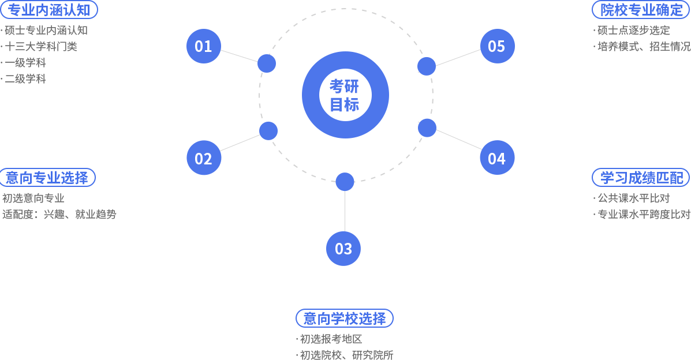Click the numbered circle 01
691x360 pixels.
204,46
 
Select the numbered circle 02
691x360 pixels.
204,158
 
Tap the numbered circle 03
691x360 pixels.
343,249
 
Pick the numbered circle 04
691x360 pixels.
497,157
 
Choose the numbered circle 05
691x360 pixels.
497,46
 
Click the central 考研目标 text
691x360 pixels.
345,95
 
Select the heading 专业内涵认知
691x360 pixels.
49,10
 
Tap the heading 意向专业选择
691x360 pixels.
47,178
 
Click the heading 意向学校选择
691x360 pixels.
345,318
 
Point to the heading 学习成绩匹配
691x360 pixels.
641,178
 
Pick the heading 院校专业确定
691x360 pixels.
641,10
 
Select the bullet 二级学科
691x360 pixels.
25,79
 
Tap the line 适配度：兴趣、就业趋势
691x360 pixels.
59,215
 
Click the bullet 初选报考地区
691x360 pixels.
331,339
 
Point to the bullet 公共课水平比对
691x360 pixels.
634,198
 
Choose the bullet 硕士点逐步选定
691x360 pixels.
634,31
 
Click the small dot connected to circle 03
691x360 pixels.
345,182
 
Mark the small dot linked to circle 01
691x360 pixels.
266,63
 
